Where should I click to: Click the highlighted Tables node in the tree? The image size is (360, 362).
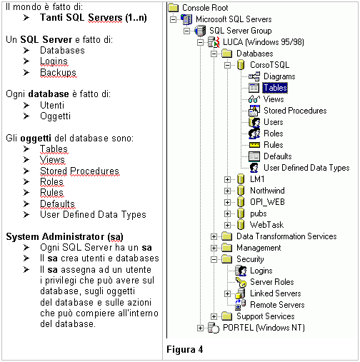click(275, 88)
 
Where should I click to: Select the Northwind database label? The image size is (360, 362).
click(267, 191)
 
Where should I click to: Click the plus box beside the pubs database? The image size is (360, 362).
click(227, 213)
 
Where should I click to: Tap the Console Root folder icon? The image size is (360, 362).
click(174, 8)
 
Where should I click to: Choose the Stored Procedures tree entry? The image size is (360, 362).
click(295, 111)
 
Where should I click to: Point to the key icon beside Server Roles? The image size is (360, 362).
click(241, 282)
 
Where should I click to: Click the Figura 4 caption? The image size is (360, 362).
click(185, 349)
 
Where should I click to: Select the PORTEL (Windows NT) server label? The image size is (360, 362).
click(264, 328)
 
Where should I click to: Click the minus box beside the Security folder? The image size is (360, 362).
click(214, 259)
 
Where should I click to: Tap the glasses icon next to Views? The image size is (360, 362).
click(254, 99)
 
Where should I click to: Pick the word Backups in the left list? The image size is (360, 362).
click(58, 72)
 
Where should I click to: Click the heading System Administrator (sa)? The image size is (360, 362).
click(64, 236)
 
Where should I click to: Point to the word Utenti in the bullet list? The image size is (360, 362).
click(52, 105)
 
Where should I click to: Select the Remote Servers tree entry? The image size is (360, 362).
click(277, 305)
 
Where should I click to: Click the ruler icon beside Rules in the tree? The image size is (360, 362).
click(254, 145)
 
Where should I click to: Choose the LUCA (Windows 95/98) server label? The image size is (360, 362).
click(264, 42)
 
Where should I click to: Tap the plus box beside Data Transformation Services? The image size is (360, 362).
click(214, 236)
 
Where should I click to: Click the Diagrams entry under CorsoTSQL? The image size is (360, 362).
click(279, 76)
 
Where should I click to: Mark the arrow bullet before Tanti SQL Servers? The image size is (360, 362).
click(26, 18)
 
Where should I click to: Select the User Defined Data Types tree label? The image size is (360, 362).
click(306, 168)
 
